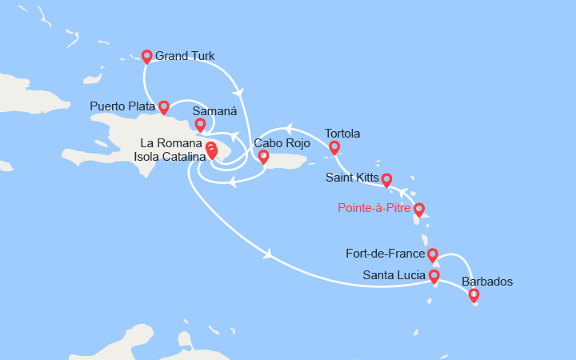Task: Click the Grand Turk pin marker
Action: click(146, 56)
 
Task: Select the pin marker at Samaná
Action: click(200, 124)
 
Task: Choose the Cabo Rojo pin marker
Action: click(262, 156)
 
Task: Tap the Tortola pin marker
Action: click(334, 147)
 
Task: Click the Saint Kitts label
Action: click(352, 178)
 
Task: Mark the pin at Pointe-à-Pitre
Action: click(418, 210)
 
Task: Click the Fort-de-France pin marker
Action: click(432, 255)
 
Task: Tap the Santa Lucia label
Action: click(393, 277)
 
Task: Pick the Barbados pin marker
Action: click(474, 295)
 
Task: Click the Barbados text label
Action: click(487, 282)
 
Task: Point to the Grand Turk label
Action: click(185, 56)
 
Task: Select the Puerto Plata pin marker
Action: click(164, 106)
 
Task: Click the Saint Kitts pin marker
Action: click(386, 179)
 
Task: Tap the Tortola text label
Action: click(342, 134)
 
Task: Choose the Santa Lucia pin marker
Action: click(434, 277)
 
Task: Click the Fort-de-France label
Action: click(386, 255)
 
